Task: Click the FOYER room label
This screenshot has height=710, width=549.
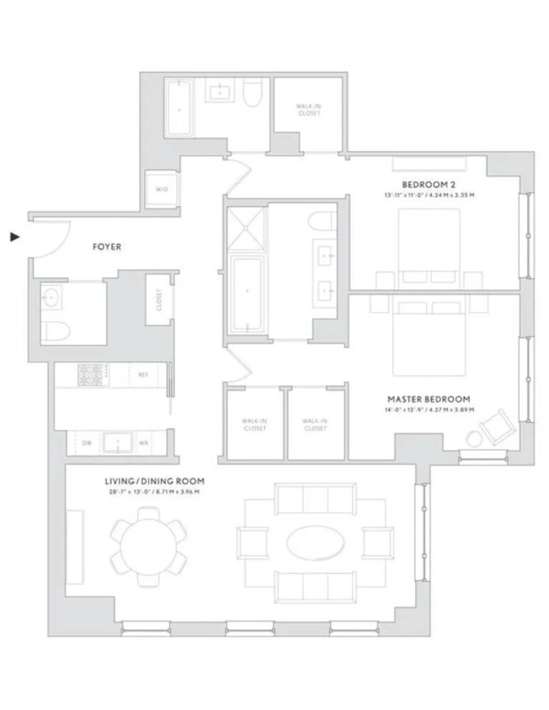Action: [107, 247]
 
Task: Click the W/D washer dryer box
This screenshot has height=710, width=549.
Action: [161, 190]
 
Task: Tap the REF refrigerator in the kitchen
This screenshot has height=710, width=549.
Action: [142, 374]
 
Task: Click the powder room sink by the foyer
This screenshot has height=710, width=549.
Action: [51, 297]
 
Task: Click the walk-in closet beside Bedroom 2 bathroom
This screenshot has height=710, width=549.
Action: [308, 109]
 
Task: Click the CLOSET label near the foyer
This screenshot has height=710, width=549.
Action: [159, 300]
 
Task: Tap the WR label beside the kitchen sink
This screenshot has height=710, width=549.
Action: [143, 442]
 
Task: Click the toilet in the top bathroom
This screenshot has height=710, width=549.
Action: [252, 94]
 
